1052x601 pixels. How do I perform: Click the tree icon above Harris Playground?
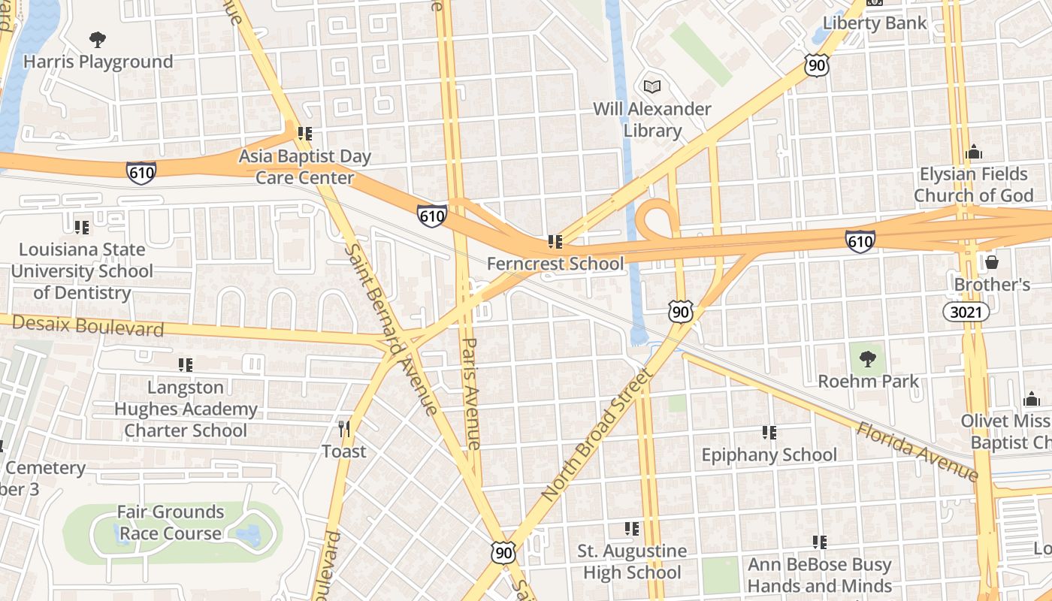click(x=97, y=39)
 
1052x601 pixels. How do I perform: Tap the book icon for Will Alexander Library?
click(x=652, y=87)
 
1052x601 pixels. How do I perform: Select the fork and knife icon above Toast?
click(x=344, y=429)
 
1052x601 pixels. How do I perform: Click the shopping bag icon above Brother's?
click(x=992, y=262)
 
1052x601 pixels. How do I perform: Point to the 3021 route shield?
click(x=966, y=312)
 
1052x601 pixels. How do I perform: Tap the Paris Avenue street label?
click(x=470, y=393)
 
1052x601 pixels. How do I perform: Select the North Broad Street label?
click(x=594, y=436)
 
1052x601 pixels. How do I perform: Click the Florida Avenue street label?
click(x=917, y=451)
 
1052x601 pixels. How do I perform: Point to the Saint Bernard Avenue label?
click(x=391, y=328)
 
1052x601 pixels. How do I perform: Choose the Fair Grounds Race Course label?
click(x=171, y=523)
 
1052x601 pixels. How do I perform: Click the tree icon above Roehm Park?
click(x=868, y=358)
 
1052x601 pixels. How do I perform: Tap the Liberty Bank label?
click(x=875, y=23)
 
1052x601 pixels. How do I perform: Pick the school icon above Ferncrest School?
click(x=555, y=242)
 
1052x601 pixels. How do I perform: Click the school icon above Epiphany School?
click(x=769, y=433)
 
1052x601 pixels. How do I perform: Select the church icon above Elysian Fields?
click(x=974, y=152)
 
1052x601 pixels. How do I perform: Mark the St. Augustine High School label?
click(x=631, y=561)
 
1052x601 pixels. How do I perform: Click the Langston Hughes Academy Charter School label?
click(x=186, y=409)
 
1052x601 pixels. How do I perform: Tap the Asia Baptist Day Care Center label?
click(x=305, y=167)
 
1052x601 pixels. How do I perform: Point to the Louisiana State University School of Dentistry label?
click(x=82, y=270)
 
